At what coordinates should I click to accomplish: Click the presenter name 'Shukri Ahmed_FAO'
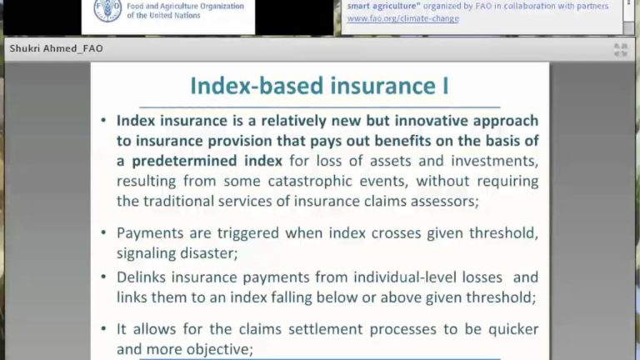(x=56, y=49)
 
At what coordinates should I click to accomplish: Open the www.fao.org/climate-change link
(x=402, y=18)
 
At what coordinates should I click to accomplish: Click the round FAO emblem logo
(x=107, y=10)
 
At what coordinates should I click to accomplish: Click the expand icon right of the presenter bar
(x=620, y=50)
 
